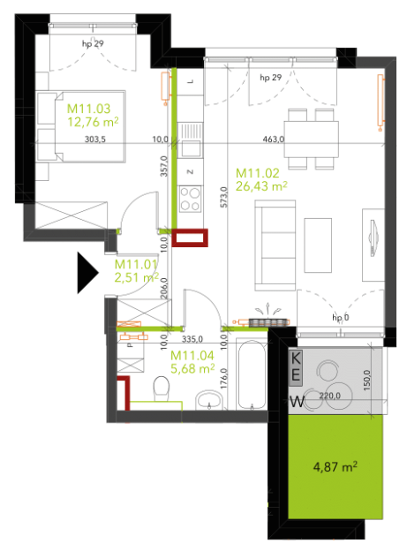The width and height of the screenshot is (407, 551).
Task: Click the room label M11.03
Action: pyautogui.click(x=88, y=109)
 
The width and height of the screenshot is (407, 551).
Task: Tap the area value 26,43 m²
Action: pyautogui.click(x=261, y=186)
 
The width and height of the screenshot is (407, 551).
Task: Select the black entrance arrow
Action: pyautogui.click(x=88, y=272)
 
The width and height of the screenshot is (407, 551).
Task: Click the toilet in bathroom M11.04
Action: pyautogui.click(x=162, y=389)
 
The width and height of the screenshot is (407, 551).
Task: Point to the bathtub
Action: pyautogui.click(x=252, y=374)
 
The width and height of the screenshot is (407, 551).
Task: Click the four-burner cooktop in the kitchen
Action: pyautogui.click(x=190, y=200)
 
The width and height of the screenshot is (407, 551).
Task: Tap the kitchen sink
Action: pyautogui.click(x=190, y=140)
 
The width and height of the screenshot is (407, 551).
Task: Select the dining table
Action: pyautogui.click(x=312, y=139)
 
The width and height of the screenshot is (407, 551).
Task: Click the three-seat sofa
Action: pyautogui.click(x=275, y=245)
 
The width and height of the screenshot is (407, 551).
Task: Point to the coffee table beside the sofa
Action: pyautogui.click(x=318, y=245)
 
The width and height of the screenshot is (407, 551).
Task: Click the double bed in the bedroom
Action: pyautogui.click(x=81, y=126)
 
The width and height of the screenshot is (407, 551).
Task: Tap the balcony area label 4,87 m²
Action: pyautogui.click(x=335, y=467)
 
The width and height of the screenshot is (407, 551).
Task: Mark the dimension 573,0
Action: pyautogui.click(x=224, y=197)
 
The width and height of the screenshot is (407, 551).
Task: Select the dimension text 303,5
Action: pyautogui.click(x=94, y=140)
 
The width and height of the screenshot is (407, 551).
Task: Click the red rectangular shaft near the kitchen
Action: pyautogui.click(x=190, y=238)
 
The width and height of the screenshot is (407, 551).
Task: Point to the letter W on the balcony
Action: pyautogui.click(x=297, y=401)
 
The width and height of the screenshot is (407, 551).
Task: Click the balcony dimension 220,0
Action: pyautogui.click(x=329, y=396)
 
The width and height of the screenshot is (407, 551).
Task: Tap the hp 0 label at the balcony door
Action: pyautogui.click(x=341, y=318)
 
